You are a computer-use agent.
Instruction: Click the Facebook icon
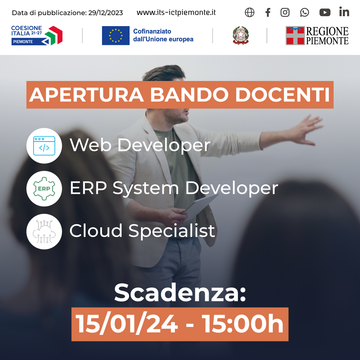click(268, 13)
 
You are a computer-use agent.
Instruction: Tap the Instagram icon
click(285, 13)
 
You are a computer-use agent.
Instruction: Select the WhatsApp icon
click(304, 13)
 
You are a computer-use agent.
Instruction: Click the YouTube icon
click(325, 13)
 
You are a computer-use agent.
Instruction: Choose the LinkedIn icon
click(344, 12)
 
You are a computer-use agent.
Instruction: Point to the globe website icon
click(249, 13)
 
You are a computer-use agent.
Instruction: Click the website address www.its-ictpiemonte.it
click(176, 13)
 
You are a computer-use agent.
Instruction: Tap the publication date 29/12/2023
click(106, 13)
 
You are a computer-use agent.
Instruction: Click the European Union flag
click(115, 35)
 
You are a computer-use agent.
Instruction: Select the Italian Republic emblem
click(241, 35)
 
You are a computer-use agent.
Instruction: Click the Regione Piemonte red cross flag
click(295, 35)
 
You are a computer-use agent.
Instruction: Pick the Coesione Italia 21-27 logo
click(37, 35)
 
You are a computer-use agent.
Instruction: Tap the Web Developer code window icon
click(44, 146)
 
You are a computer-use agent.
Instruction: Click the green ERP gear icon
click(44, 189)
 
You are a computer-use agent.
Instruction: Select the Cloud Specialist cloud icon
click(44, 232)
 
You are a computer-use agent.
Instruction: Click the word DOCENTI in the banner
click(282, 95)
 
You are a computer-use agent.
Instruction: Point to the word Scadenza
click(180, 293)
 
